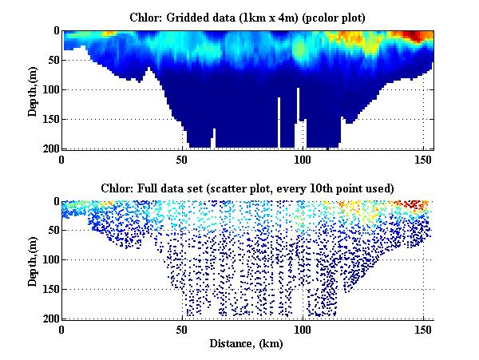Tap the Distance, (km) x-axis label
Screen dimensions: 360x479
[x=247, y=344]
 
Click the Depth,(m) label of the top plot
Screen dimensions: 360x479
[x=34, y=90]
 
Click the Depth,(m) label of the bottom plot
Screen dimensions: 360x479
[x=34, y=260]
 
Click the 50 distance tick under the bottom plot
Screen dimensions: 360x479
[x=183, y=329]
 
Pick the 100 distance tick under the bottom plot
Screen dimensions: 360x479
[x=303, y=329]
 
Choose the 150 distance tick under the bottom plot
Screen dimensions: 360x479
[x=422, y=329]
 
